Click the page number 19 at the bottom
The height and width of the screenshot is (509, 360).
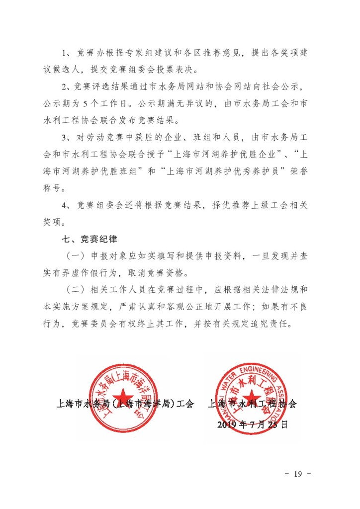coord(298,473)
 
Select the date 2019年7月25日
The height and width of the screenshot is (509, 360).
coord(253,424)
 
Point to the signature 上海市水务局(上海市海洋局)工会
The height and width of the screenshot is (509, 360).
coord(126,404)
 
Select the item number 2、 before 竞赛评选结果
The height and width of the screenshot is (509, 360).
coord(65,87)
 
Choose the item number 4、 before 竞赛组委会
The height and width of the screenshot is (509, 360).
coord(65,205)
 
